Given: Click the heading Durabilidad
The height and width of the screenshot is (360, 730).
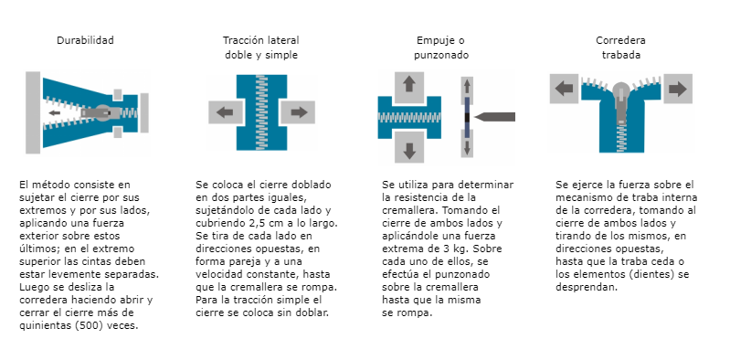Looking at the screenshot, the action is [x=85, y=40].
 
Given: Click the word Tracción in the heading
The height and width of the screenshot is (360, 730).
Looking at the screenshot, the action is [x=242, y=40].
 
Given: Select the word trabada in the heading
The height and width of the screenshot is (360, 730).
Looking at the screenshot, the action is [x=621, y=55].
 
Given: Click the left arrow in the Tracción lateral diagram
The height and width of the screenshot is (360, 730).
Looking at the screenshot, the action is [x=225, y=112].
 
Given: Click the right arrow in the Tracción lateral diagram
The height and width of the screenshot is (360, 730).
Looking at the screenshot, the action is [x=299, y=112].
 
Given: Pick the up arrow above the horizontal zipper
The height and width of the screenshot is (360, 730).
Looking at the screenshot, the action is [x=409, y=84].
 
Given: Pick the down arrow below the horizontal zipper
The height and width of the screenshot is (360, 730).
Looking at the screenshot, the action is [x=409, y=151].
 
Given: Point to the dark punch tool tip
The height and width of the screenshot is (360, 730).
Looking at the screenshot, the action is [x=476, y=116].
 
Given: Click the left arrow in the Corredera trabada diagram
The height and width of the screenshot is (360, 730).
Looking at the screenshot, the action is [x=564, y=89].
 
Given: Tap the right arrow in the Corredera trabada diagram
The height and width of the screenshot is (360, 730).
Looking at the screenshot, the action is [x=678, y=89].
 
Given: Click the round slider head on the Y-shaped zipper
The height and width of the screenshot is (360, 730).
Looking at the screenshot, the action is [x=621, y=90].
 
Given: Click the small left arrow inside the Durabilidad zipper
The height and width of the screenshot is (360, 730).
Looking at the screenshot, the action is [x=55, y=112].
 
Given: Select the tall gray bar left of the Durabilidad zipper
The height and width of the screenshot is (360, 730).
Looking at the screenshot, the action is [x=33, y=112].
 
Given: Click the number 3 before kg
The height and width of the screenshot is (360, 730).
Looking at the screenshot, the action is [x=470, y=249].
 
